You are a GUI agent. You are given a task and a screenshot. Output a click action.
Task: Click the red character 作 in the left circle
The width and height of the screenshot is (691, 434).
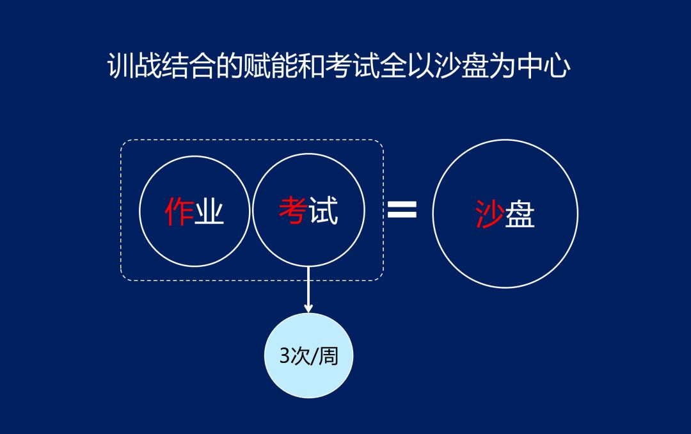pos(179,211)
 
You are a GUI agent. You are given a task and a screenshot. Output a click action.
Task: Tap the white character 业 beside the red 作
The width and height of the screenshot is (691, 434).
pos(209,211)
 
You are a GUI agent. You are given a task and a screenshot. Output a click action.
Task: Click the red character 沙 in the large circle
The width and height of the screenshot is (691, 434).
pos(489,214)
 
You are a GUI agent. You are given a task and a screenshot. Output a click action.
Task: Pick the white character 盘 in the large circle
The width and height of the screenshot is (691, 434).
pos(520,214)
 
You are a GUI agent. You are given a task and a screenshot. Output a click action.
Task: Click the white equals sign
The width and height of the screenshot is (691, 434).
pos(402,209)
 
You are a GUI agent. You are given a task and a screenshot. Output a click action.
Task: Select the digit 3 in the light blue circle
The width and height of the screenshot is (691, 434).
pos(285,355)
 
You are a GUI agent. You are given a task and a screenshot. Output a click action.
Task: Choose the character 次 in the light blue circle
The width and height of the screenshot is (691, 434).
pos(299,355)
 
